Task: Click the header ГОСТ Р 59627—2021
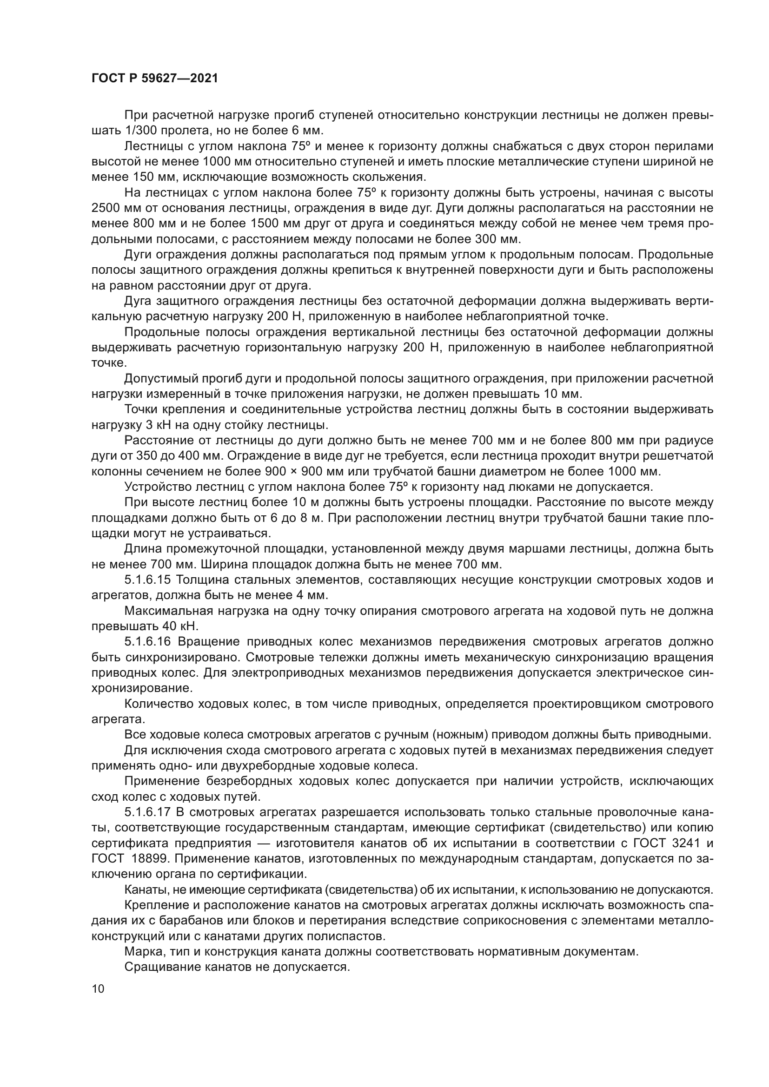point(155,79)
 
